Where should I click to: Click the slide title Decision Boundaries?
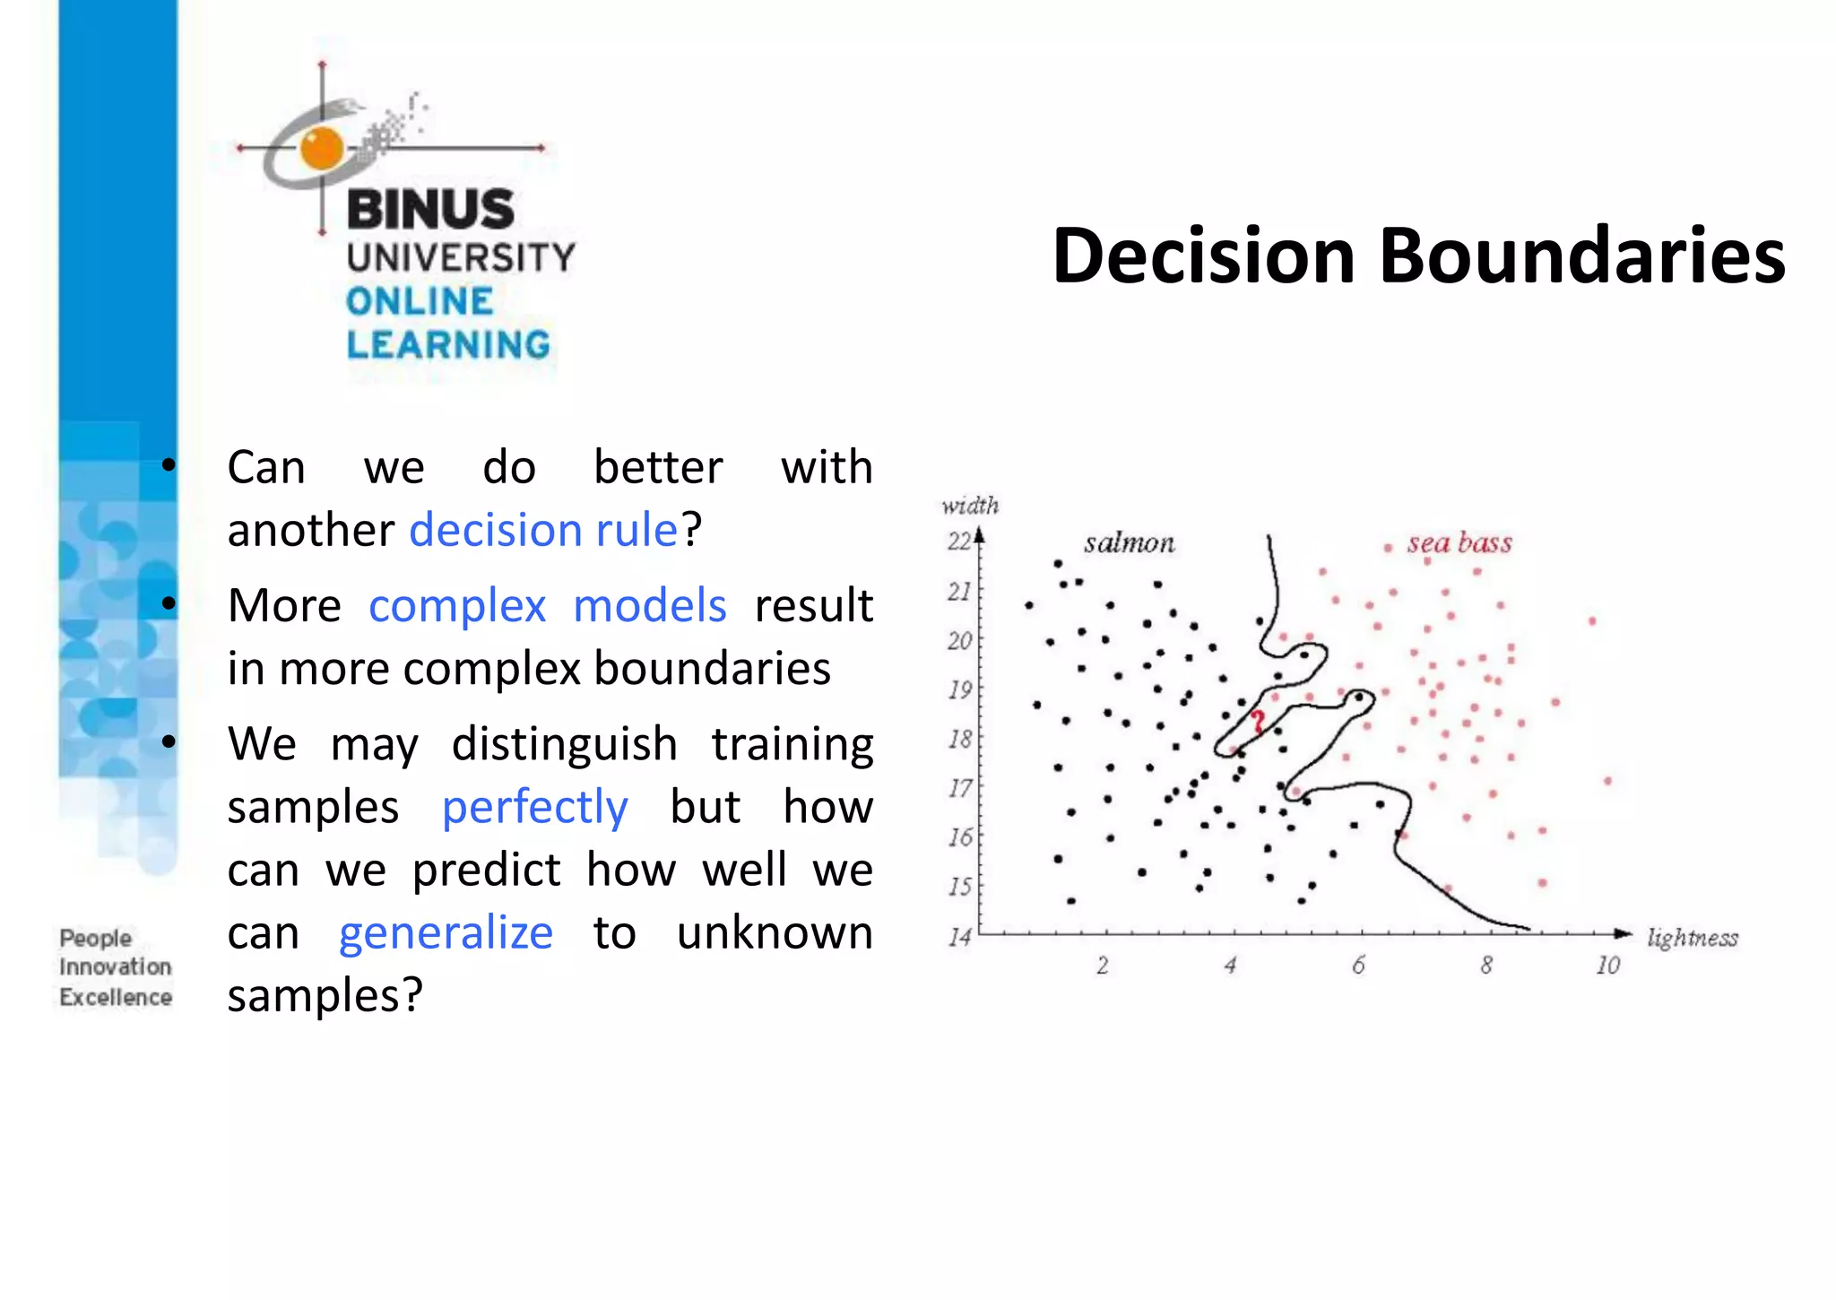(1418, 257)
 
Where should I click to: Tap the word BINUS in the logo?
(430, 210)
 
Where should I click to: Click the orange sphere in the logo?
(322, 148)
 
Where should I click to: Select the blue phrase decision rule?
(543, 530)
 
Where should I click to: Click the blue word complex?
(457, 606)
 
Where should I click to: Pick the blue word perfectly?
(534, 808)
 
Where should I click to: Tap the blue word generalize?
(446, 933)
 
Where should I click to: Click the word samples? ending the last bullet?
(325, 995)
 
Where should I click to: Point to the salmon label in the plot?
(1129, 543)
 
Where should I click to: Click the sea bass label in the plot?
(1459, 543)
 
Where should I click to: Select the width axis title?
(969, 506)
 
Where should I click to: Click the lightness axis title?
(1692, 938)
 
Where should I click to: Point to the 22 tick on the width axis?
(958, 542)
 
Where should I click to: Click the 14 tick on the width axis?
(958, 938)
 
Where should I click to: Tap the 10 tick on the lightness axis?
(1607, 966)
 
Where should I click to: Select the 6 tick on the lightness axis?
(1358, 966)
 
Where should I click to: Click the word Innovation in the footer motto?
(116, 967)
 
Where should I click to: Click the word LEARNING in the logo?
(448, 345)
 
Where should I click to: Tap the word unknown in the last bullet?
(775, 933)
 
